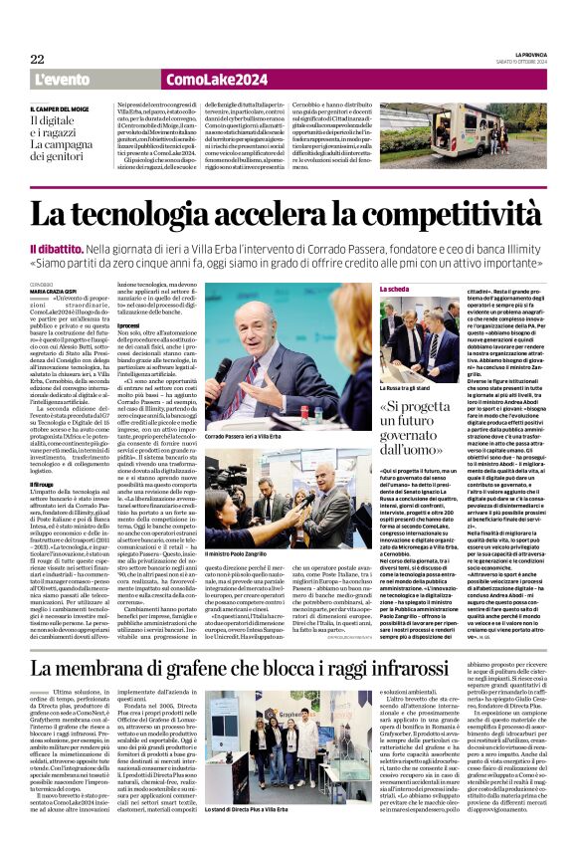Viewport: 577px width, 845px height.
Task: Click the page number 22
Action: click(x=37, y=60)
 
